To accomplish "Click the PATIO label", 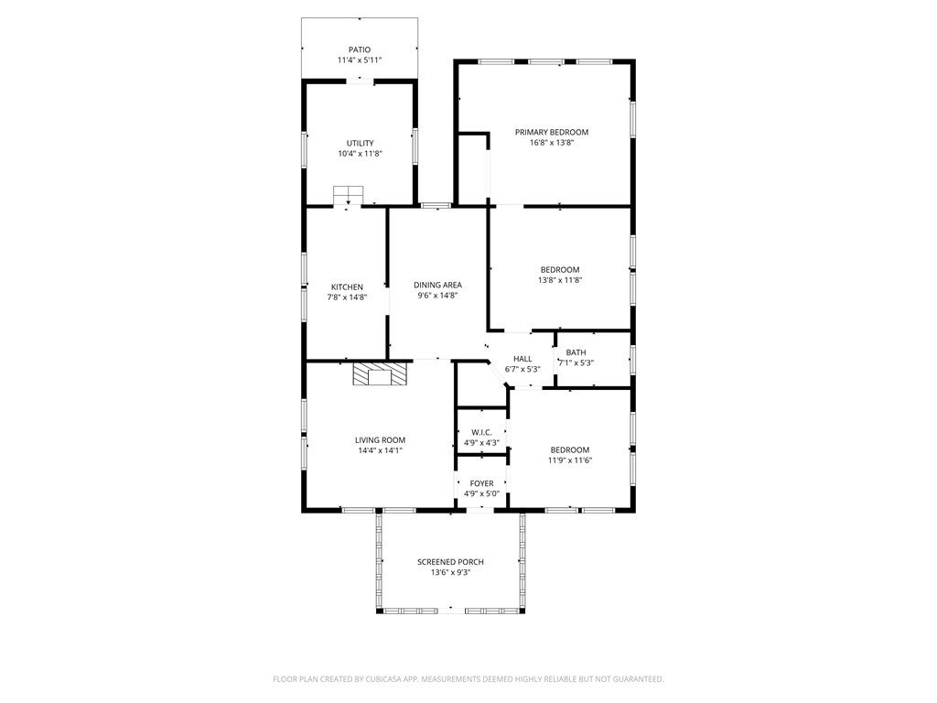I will coord(359,49).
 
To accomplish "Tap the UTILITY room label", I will coord(360,143).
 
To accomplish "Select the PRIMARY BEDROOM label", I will coord(551,132).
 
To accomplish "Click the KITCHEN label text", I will coord(347,287).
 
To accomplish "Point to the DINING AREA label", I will coord(437,285).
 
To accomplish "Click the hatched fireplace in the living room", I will coord(380,374).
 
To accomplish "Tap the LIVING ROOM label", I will coord(380,439).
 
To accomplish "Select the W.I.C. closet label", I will coord(481,432).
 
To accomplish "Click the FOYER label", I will coord(481,483).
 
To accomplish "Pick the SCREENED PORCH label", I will coord(450,562).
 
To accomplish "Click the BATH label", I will coord(576,352).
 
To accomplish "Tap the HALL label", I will coord(522,359).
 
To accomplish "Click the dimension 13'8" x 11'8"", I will coord(559,280).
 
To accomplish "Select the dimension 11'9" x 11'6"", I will coord(570,460).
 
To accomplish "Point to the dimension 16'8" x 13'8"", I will coord(551,143).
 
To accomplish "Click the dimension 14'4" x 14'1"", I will coord(380,450).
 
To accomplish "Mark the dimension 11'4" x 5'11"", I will coord(359,60).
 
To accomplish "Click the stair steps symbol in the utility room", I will coord(348,195).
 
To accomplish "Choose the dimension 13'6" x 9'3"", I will coord(450,573).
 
